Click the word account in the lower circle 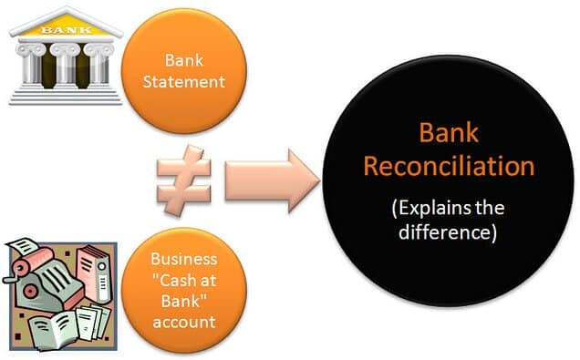click(x=184, y=320)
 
